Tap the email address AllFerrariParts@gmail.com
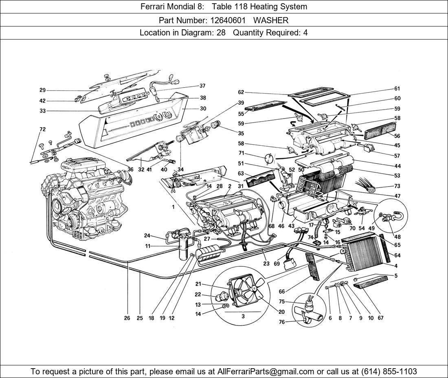(x=266, y=371)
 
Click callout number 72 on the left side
(x=42, y=130)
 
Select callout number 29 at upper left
(x=42, y=90)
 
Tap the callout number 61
(x=397, y=89)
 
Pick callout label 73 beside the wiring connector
(x=397, y=186)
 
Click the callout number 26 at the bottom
(x=127, y=318)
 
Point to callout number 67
(x=380, y=318)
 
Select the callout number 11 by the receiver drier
(x=148, y=246)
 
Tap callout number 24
(x=147, y=235)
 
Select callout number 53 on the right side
(x=397, y=176)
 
